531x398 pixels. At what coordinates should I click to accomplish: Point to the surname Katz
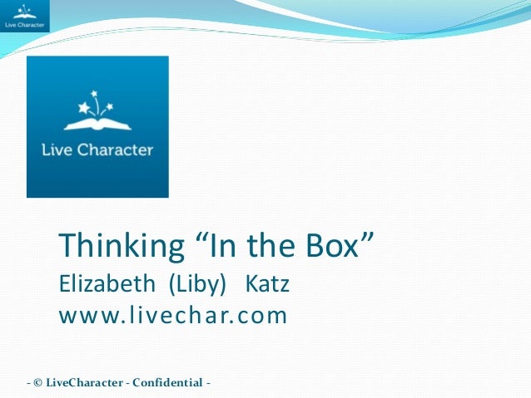[267, 285]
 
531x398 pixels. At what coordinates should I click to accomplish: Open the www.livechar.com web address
[173, 316]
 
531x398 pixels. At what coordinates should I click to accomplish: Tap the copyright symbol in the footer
[39, 383]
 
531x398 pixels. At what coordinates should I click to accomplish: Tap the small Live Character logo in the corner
[25, 16]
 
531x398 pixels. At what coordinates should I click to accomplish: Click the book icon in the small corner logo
[25, 12]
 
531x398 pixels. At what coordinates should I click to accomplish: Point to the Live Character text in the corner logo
[25, 26]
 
